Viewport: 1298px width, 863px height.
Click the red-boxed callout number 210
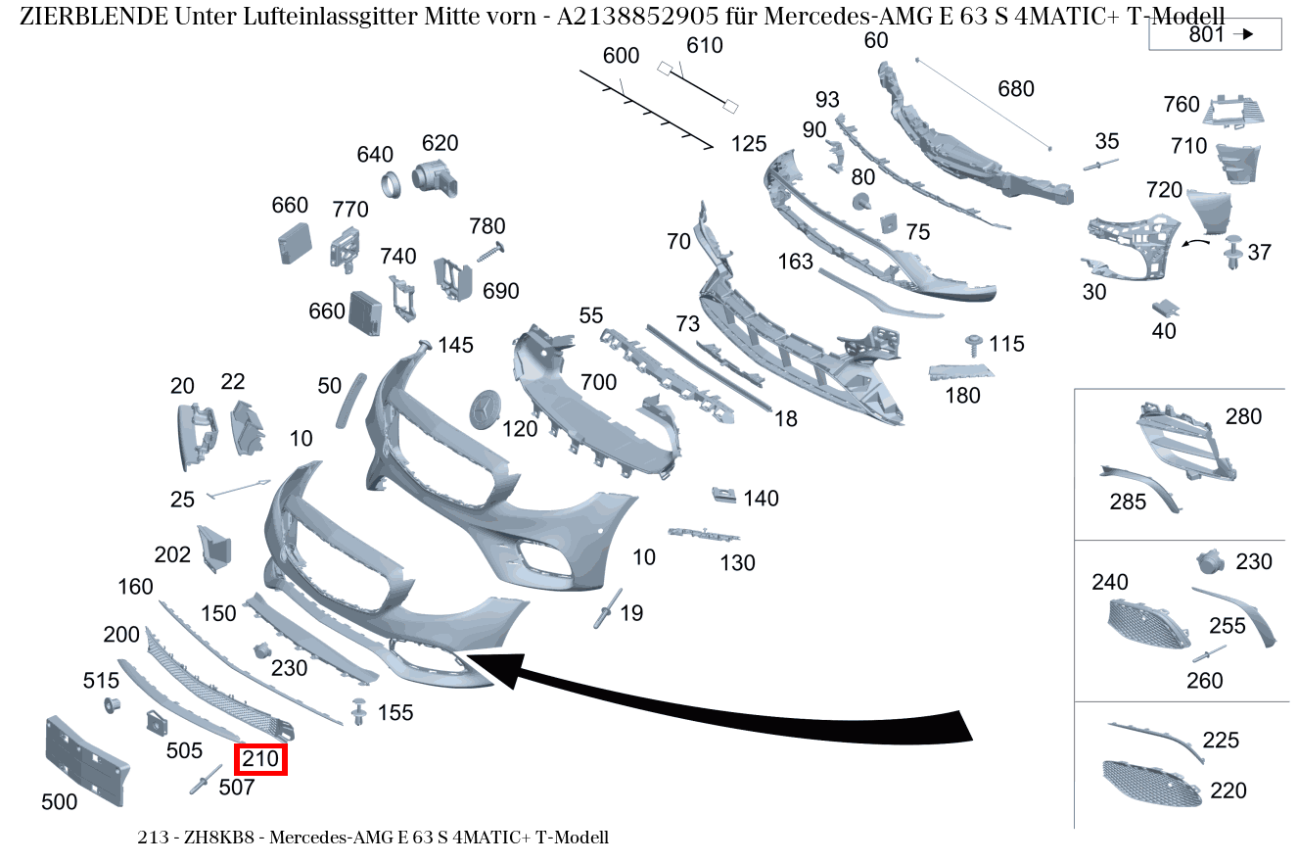[x=260, y=758]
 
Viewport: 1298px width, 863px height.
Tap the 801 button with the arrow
[x=1215, y=34]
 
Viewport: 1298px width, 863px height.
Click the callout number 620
[x=440, y=143]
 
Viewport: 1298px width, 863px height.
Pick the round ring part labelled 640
[x=391, y=182]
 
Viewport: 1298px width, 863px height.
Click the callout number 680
[x=1015, y=89]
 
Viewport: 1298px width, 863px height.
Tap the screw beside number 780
[x=489, y=252]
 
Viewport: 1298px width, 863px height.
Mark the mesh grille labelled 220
[x=1151, y=784]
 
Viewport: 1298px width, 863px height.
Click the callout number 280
[x=1243, y=416]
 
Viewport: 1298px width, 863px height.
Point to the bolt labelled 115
[x=974, y=343]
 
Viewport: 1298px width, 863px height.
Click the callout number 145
[x=455, y=345]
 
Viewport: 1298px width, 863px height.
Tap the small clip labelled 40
[x=1164, y=308]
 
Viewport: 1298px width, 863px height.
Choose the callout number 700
[x=599, y=381]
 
